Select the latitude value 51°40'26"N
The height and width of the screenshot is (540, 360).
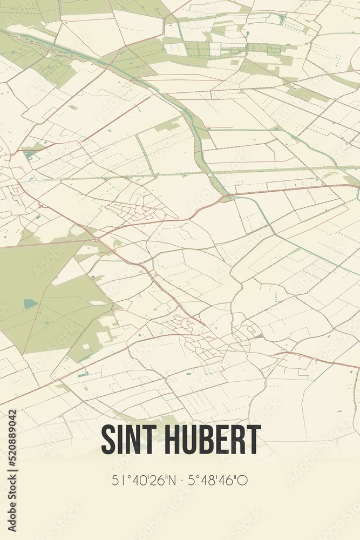coord(142,480)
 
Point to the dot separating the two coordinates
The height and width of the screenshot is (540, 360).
coord(180,480)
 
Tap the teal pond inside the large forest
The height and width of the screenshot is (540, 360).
coord(30,303)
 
